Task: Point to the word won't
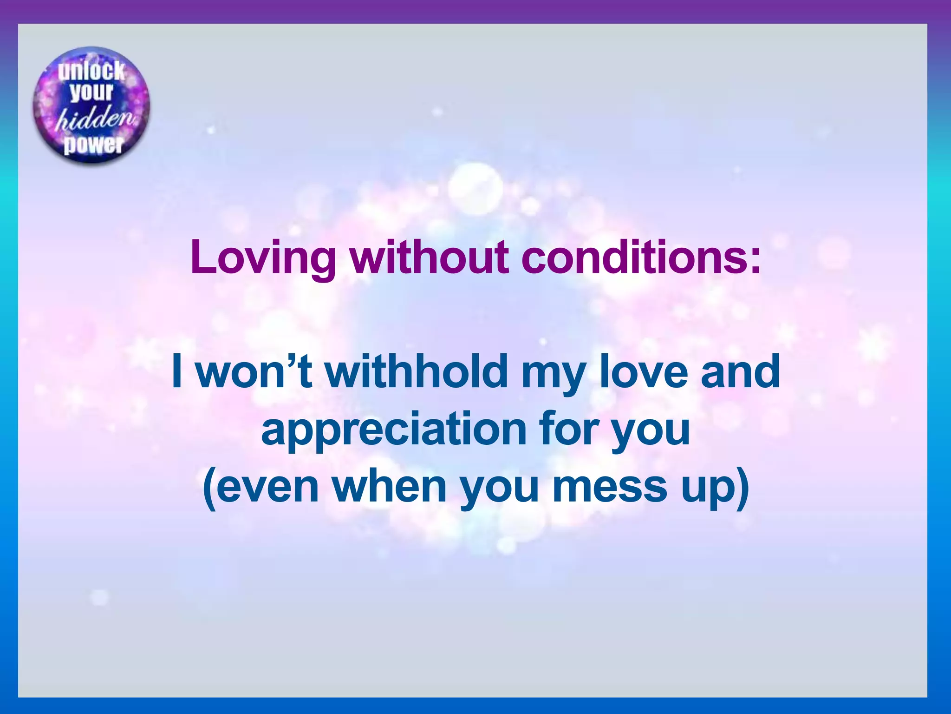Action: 254,371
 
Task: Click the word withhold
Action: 416,371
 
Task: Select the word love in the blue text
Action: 643,371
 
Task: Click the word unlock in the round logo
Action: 91,71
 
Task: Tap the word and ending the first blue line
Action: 740,371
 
